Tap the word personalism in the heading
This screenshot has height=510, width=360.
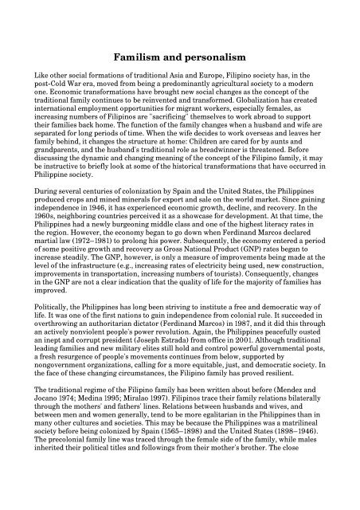pyautogui.click(x=213, y=58)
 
